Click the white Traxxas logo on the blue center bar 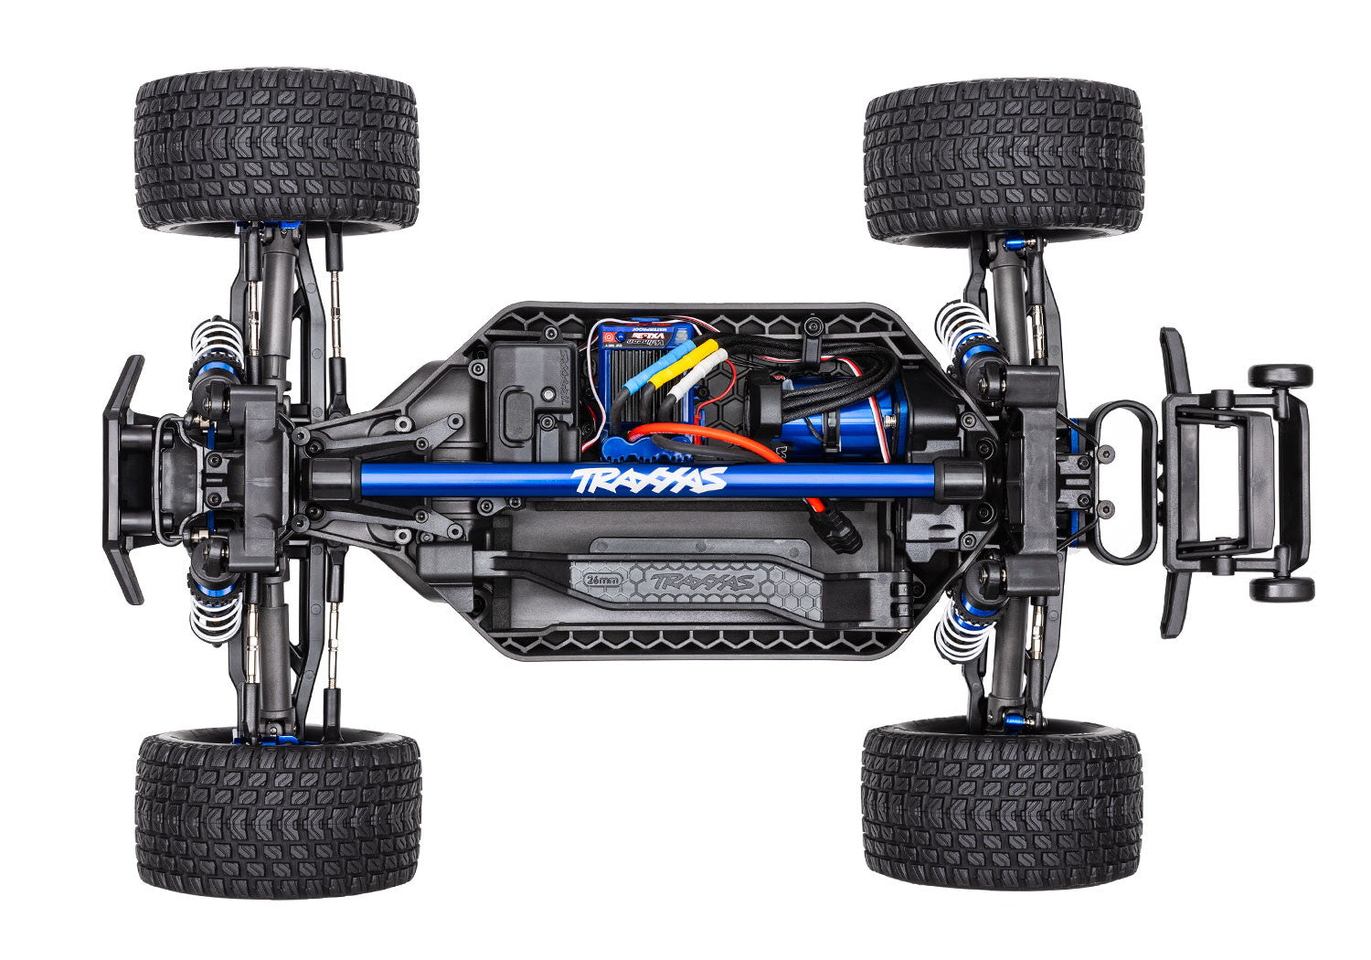click(x=648, y=479)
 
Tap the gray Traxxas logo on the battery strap click(x=705, y=581)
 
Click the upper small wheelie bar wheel click(x=1281, y=376)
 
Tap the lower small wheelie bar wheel click(x=1281, y=589)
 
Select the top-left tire click(x=276, y=151)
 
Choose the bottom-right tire click(x=1002, y=805)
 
